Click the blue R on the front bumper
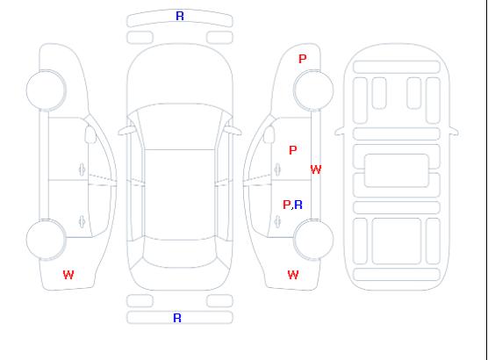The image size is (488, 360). coord(180,16)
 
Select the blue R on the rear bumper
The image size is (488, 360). coord(177,318)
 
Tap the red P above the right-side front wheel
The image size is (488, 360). coord(303,59)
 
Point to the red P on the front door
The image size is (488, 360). coord(293,150)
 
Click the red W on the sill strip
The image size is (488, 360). coord(316,169)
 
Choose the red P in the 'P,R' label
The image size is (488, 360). coord(286,205)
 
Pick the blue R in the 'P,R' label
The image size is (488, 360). coord(298,205)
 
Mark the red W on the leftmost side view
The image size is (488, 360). coord(68,275)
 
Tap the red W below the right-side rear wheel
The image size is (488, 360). coord(293,275)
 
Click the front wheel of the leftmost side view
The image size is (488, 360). coord(46,90)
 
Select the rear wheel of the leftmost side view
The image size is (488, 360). coord(46,240)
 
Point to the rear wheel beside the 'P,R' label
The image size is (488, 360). coord(313,240)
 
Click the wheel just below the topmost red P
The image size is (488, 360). coord(313,90)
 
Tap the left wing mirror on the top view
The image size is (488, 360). coord(126,131)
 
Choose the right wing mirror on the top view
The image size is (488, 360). coord(233,131)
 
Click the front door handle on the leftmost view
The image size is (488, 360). coord(83,169)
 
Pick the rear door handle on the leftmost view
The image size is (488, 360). coord(83,221)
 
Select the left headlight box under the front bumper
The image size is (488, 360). coord(140,38)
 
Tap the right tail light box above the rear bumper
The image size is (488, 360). coord(219,301)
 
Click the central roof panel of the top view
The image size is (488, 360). coord(180,195)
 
